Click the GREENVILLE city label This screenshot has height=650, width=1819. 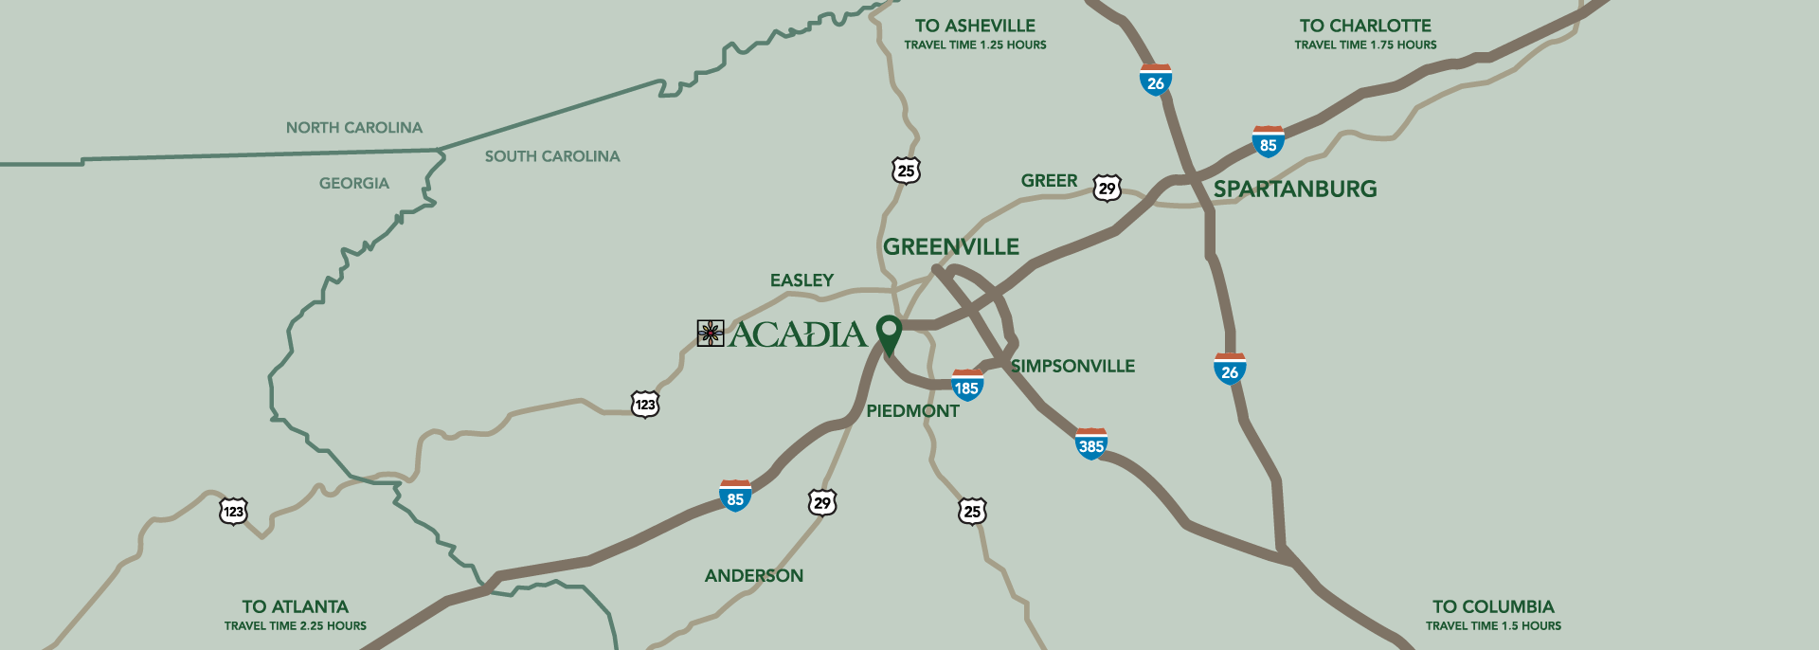(950, 247)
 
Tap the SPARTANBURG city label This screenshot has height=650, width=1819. (1294, 190)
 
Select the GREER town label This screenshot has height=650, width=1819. (1049, 181)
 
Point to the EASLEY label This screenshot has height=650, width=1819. (801, 280)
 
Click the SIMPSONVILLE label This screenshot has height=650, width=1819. (1072, 367)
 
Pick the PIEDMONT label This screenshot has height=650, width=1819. (912, 411)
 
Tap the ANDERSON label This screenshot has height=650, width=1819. (753, 576)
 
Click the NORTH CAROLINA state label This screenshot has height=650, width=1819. (353, 128)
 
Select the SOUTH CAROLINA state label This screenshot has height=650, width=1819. (552, 156)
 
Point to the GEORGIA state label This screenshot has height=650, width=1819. (353, 184)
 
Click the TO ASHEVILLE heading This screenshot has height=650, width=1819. (975, 27)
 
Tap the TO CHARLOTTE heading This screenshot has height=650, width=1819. (1365, 27)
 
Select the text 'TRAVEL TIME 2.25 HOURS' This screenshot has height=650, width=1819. (295, 626)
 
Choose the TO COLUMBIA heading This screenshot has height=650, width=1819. (1493, 607)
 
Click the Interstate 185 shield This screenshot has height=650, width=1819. (966, 386)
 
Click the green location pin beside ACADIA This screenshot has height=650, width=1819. (888, 332)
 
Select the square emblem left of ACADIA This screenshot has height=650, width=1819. (711, 334)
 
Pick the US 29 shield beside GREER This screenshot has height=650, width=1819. (1107, 189)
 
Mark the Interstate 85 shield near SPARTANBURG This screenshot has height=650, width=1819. (1268, 142)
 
